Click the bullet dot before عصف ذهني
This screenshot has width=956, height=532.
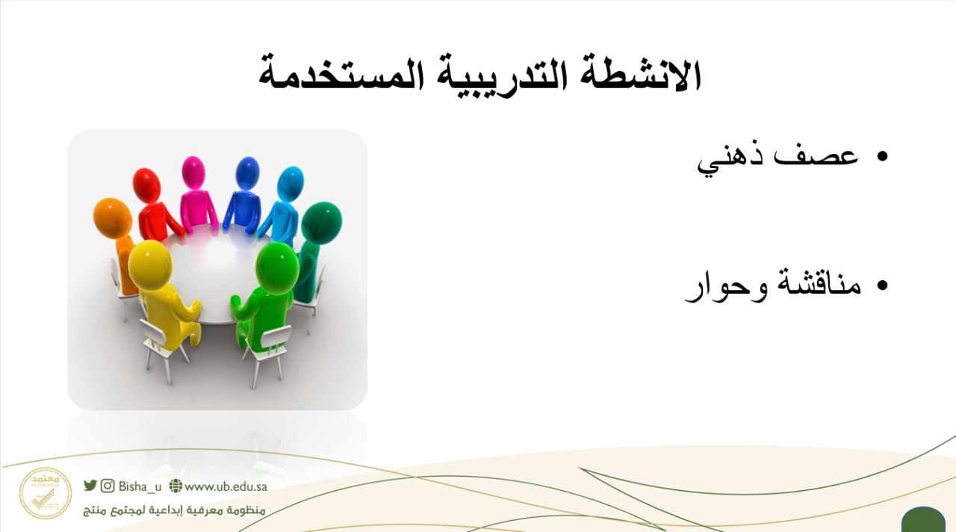pyautogui.click(x=882, y=157)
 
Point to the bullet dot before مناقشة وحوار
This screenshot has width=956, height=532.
pyautogui.click(x=882, y=285)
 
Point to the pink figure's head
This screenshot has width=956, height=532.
pyautogui.click(x=193, y=172)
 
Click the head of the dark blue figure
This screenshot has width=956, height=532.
pyautogui.click(x=247, y=173)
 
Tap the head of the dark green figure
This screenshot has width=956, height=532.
pyautogui.click(x=321, y=223)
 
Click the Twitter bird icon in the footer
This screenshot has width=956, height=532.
pyautogui.click(x=90, y=486)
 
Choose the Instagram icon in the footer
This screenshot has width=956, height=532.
pyautogui.click(x=108, y=486)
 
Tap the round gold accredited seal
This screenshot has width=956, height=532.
pyautogui.click(x=46, y=494)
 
